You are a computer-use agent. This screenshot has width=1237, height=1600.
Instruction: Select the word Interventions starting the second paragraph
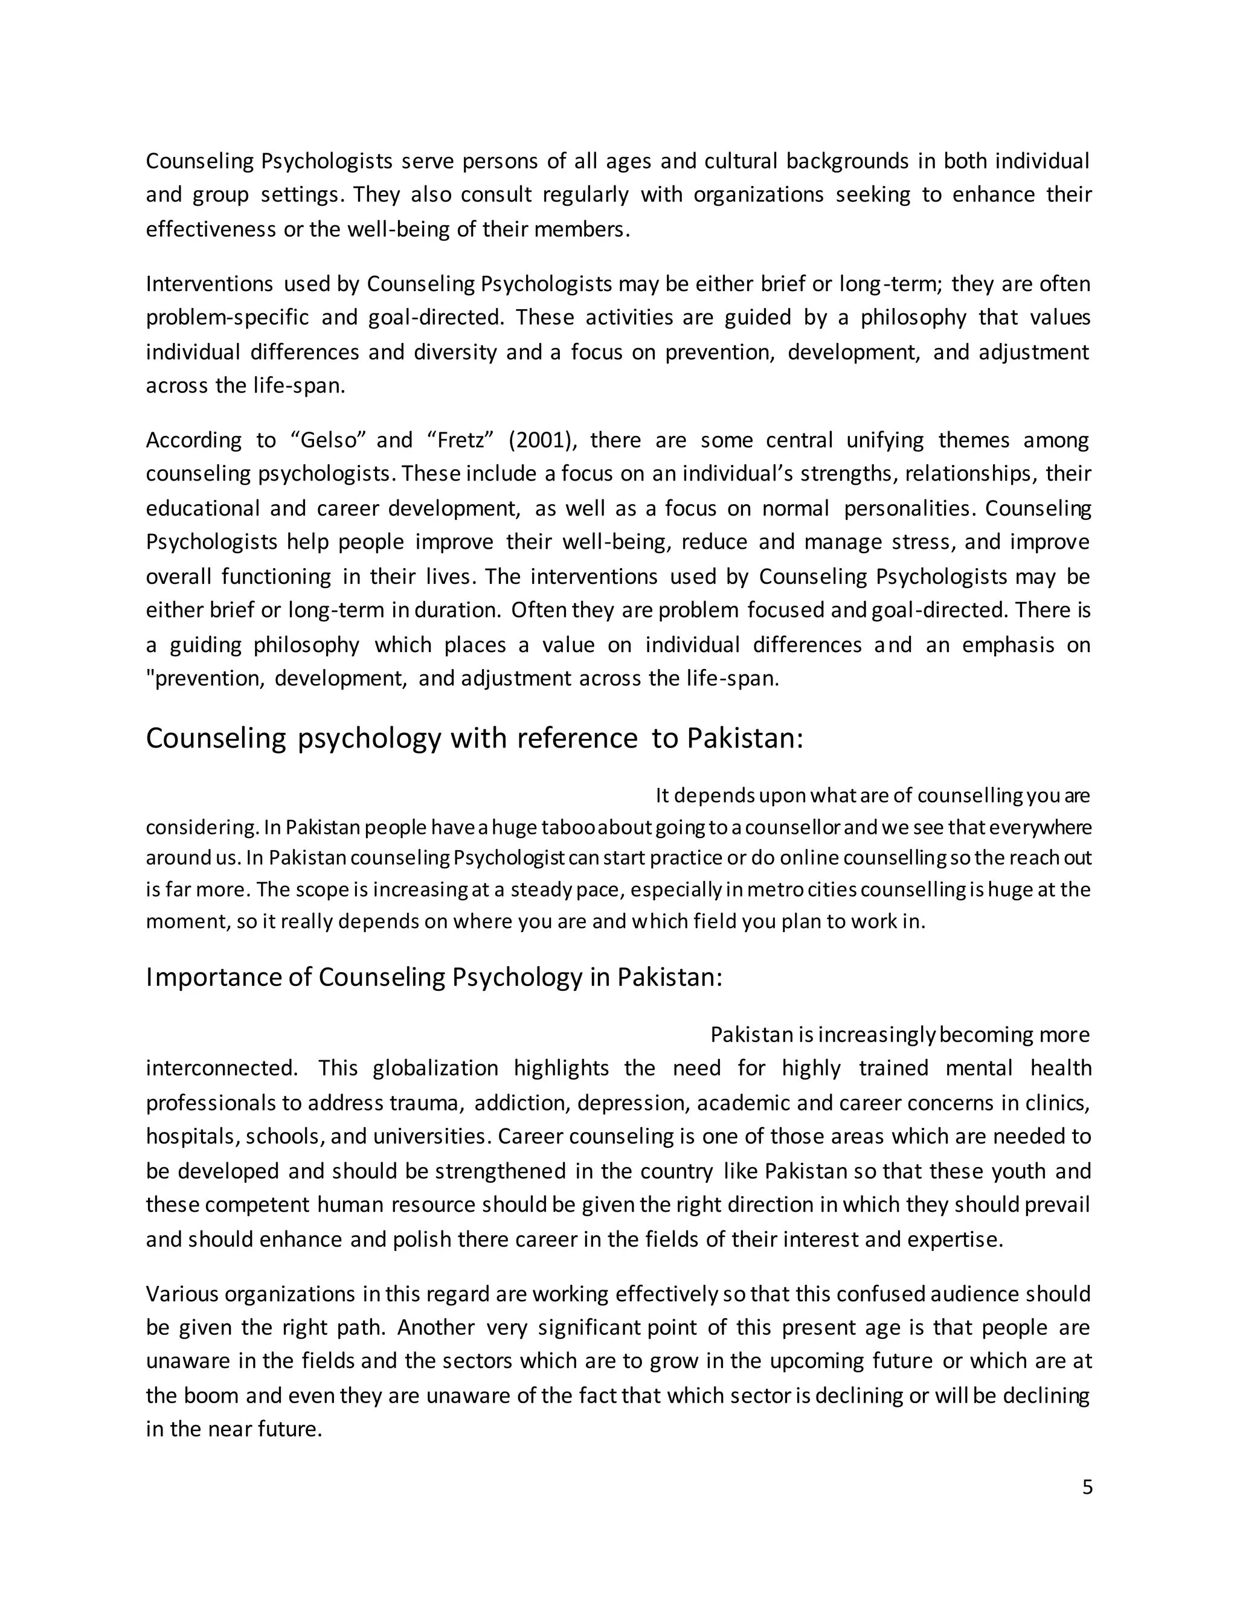click(x=210, y=284)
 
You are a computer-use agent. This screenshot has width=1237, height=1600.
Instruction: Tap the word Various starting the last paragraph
click(x=182, y=1294)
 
